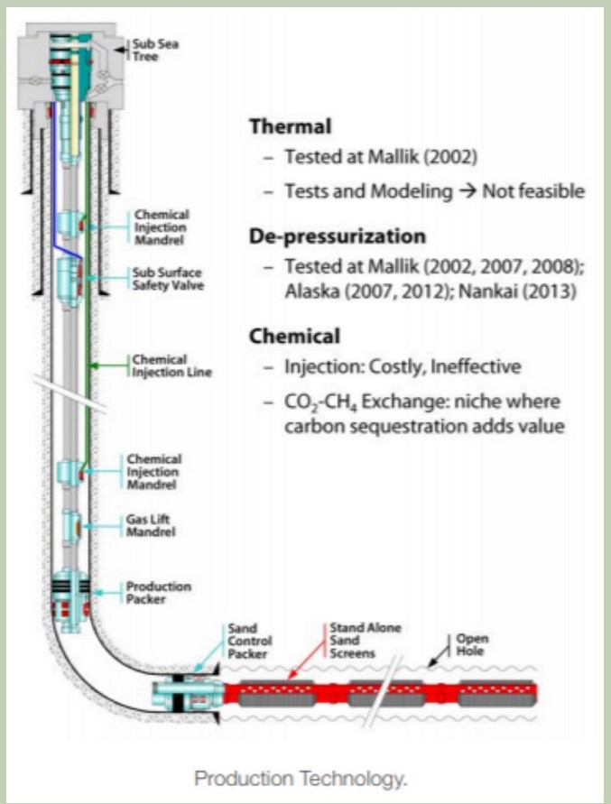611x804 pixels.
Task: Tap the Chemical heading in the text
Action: [x=294, y=337]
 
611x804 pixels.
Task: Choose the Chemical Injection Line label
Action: [x=160, y=365]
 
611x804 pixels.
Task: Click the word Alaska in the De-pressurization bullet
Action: [x=310, y=292]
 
